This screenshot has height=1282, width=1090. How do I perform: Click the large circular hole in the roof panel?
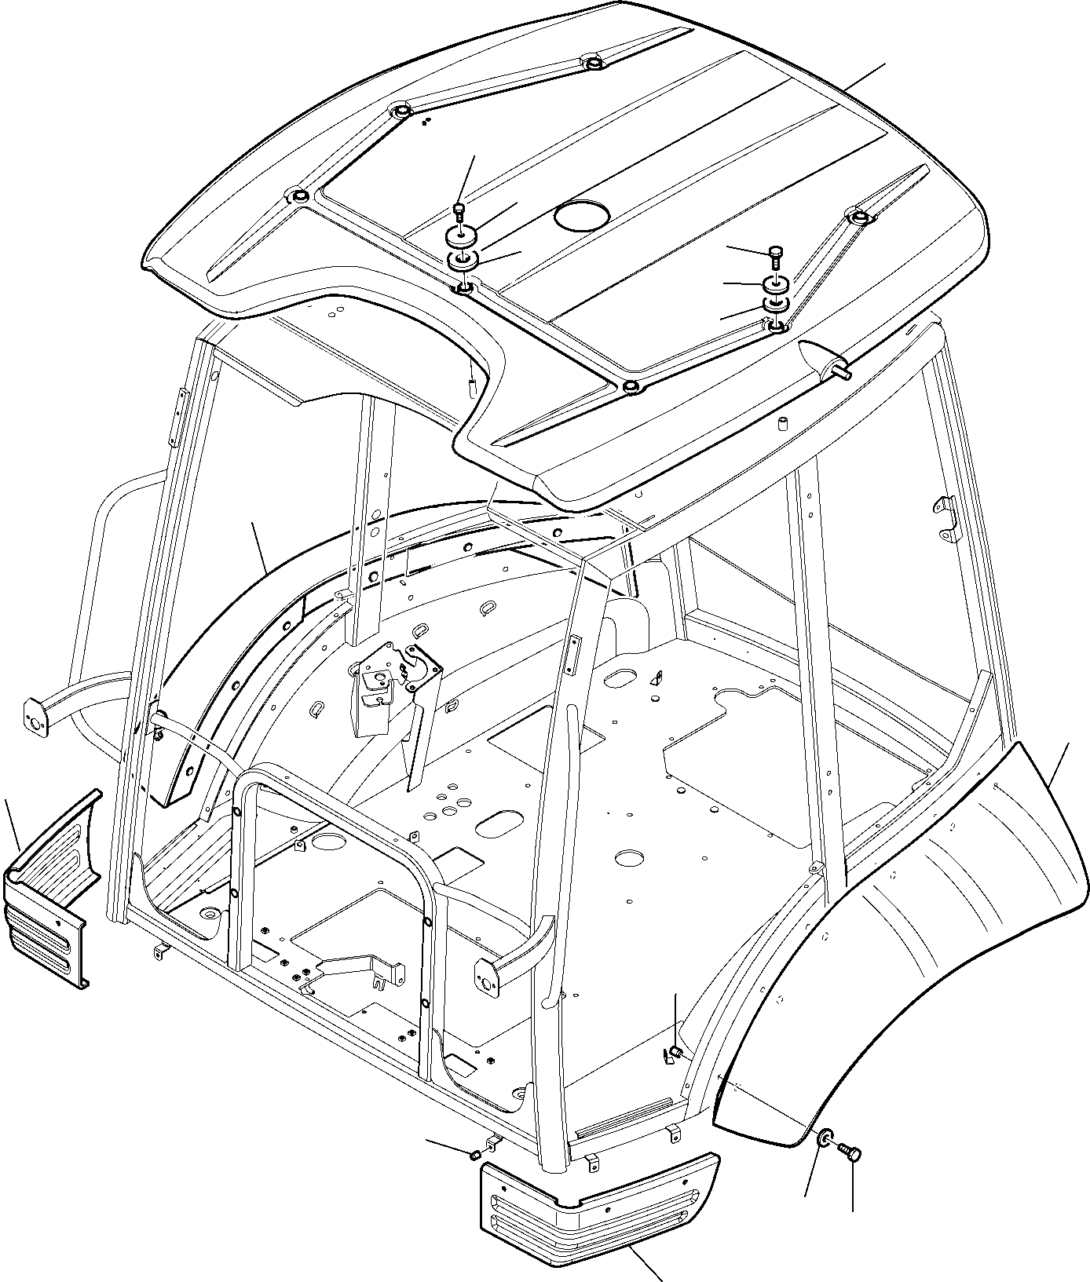click(x=582, y=214)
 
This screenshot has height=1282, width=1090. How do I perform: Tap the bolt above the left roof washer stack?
click(x=461, y=210)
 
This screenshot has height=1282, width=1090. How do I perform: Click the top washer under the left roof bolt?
click(x=462, y=235)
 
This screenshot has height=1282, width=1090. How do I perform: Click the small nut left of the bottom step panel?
click(x=475, y=1155)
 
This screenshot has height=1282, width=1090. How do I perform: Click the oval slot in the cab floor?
click(x=500, y=825)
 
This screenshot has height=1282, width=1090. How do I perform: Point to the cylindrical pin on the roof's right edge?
click(x=842, y=374)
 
